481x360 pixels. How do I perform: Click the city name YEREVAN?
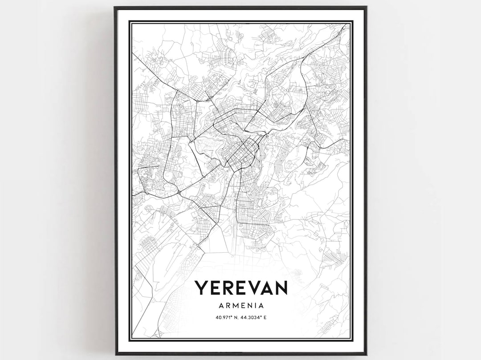tap(241, 287)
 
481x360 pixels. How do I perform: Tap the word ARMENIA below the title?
tap(241, 306)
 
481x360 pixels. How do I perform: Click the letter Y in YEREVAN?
tap(200, 287)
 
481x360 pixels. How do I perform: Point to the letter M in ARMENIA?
tap(236, 306)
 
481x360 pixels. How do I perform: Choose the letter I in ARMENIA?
tap(255, 306)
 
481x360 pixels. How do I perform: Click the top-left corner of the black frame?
tap(115, 7)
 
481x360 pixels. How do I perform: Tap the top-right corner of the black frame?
tap(366, 7)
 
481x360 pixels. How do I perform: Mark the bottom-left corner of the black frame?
tap(115, 354)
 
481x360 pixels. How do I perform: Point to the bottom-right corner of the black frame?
tap(366, 354)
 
